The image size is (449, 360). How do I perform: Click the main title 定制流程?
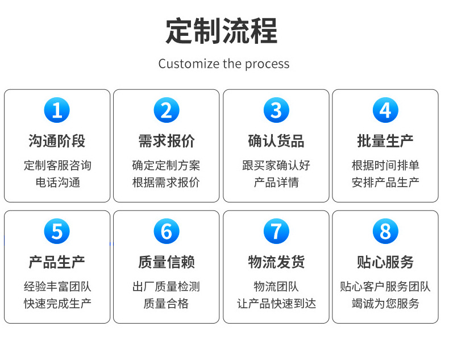click(222, 31)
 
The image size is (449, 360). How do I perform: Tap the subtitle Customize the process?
click(224, 64)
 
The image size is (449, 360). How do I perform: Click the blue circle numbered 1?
click(57, 110)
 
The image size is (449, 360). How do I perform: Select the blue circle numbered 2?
click(166, 110)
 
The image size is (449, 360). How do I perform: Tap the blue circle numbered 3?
click(276, 110)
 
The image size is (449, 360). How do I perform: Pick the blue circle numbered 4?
click(385, 110)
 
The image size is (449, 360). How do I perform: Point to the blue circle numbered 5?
click(57, 231)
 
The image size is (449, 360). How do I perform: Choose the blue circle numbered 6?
click(166, 231)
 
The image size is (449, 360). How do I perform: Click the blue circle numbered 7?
click(276, 231)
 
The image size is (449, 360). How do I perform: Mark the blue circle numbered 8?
click(385, 231)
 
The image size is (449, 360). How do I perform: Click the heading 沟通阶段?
click(57, 140)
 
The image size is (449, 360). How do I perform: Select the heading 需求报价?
click(166, 140)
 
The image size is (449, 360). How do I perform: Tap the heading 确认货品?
click(276, 140)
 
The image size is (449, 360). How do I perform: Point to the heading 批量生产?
click(385, 140)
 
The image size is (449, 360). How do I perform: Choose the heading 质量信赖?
click(166, 262)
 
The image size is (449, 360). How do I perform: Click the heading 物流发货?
click(276, 262)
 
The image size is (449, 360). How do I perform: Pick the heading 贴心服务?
click(385, 262)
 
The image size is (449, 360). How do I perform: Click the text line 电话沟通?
click(57, 183)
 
